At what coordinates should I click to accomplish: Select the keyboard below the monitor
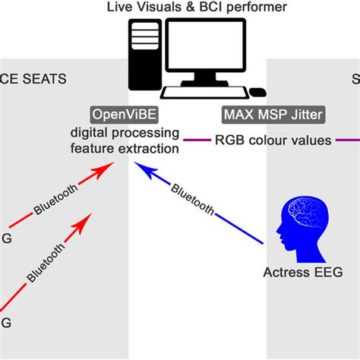pyautogui.click(x=204, y=93)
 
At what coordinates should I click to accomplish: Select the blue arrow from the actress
pyautogui.click(x=205, y=205)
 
